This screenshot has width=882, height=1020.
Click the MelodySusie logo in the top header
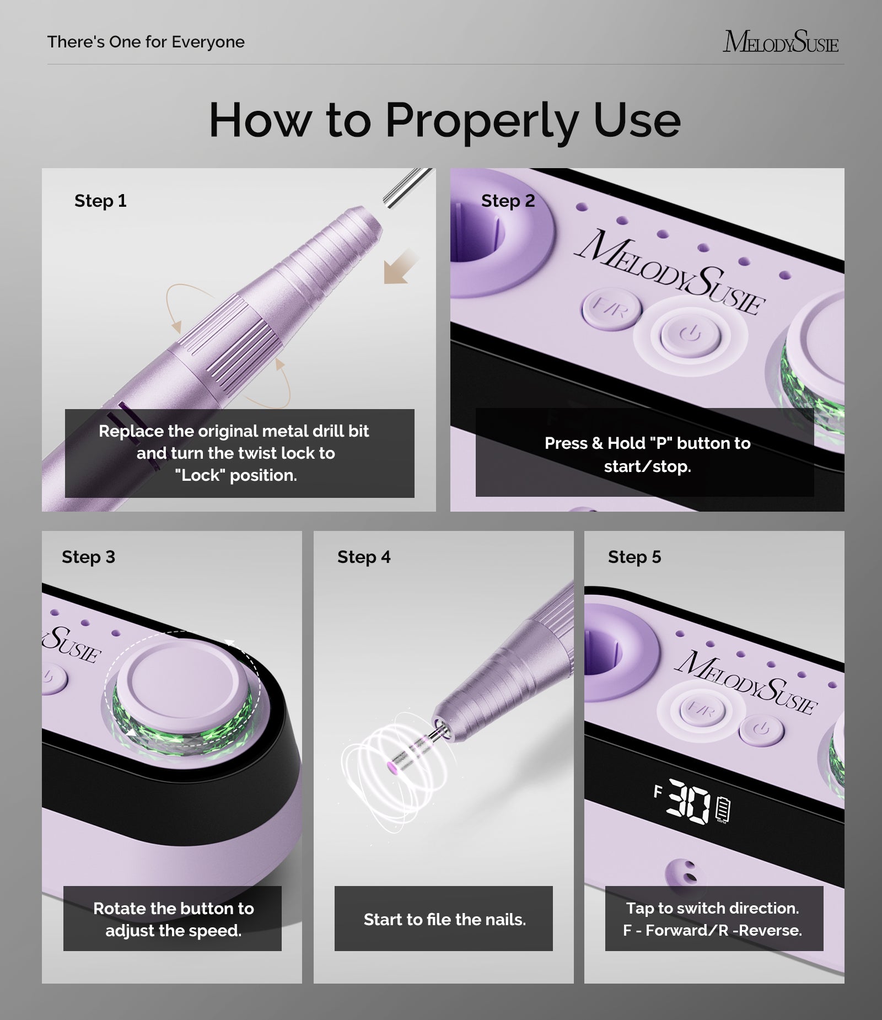coord(780,42)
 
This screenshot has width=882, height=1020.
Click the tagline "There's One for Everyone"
coord(146,42)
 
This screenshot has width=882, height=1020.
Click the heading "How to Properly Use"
coord(444,120)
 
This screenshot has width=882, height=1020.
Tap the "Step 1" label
coord(100,201)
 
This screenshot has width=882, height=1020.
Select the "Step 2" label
coord(508,201)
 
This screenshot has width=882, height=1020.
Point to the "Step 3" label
coord(88,557)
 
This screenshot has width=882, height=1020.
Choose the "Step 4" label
coord(364,557)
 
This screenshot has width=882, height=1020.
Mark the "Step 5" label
coord(634,557)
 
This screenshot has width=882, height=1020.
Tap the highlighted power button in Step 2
coord(690,334)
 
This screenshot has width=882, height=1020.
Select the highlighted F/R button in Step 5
coord(702,711)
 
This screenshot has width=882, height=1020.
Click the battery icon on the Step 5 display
coord(723,810)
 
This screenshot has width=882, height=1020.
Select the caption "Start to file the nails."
coord(444,919)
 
